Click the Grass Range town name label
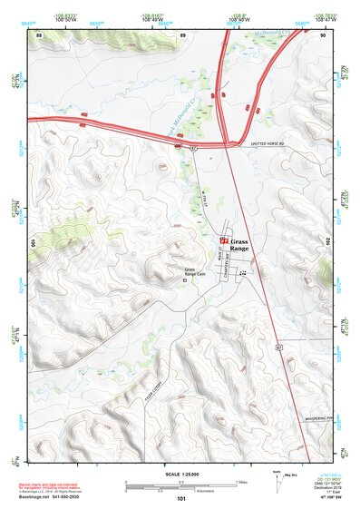(x=238, y=245)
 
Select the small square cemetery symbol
(x=187, y=281)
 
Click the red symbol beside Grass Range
(x=224, y=240)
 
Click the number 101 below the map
(x=179, y=499)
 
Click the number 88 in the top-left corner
(x=39, y=34)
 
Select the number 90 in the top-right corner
(x=324, y=34)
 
